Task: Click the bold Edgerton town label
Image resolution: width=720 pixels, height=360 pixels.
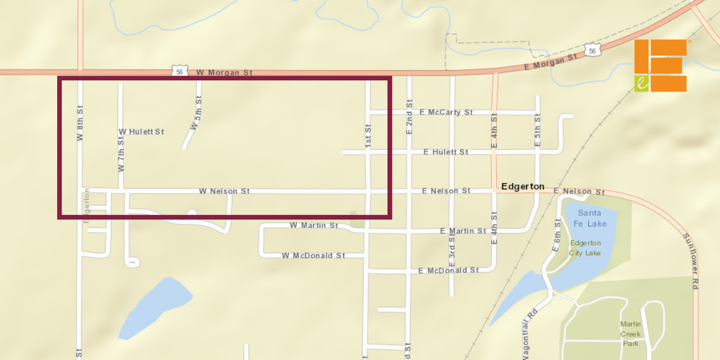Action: pyautogui.click(x=522, y=186)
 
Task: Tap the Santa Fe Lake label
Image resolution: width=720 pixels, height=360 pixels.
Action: pyautogui.click(x=590, y=218)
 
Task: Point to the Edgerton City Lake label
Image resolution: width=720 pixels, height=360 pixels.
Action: pyautogui.click(x=585, y=248)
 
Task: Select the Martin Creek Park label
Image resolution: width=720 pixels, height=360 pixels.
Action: pyautogui.click(x=630, y=334)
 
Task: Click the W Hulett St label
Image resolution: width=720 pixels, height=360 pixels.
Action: pyautogui.click(x=141, y=132)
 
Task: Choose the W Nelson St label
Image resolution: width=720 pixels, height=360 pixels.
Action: pyautogui.click(x=224, y=191)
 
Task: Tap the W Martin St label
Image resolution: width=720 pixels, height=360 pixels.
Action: pyautogui.click(x=314, y=225)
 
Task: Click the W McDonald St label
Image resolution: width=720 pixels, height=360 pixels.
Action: pyautogui.click(x=313, y=256)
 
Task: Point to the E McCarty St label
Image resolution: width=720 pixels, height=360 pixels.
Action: pyautogui.click(x=446, y=112)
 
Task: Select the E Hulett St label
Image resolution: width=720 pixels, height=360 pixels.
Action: pyautogui.click(x=446, y=152)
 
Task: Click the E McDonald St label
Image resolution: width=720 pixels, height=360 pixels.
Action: pyautogui.click(x=448, y=271)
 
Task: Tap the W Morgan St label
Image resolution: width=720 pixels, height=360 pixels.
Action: pyautogui.click(x=224, y=72)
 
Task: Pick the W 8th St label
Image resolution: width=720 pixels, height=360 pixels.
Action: pyautogui.click(x=80, y=123)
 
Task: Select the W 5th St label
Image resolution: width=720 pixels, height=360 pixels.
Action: pyautogui.click(x=196, y=113)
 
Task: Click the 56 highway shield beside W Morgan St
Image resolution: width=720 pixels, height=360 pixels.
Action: pyautogui.click(x=180, y=72)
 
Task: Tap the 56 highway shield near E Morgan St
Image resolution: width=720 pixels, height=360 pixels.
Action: pyautogui.click(x=592, y=51)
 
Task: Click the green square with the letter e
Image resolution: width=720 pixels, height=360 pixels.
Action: pyautogui.click(x=641, y=83)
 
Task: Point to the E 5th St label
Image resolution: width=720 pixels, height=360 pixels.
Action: pyautogui.click(x=537, y=130)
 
